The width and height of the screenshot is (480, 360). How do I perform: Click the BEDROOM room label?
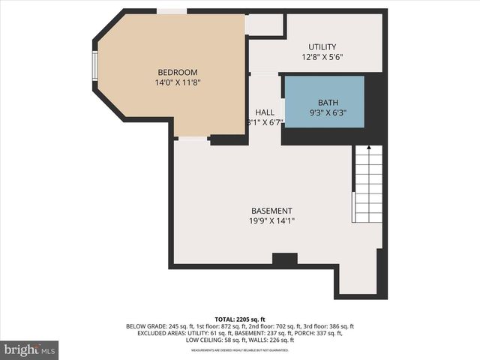pos(177,72)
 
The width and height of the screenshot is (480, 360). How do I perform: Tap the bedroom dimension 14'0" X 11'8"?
pos(177,82)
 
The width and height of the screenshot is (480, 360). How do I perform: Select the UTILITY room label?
pos(322,46)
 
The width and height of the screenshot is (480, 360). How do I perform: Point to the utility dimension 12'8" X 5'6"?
pos(322,57)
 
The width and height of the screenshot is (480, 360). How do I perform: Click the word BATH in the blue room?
pos(328,103)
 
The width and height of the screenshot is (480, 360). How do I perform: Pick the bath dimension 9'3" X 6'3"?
pos(328,113)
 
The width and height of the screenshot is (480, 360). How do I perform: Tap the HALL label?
pos(264,112)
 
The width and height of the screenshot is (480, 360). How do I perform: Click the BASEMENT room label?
pos(271,211)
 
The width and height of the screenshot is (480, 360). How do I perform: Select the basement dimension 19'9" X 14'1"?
pos(271,221)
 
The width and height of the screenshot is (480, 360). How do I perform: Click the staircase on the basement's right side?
pos(368,184)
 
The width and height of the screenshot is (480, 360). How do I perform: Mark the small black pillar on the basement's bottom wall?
pos(284,259)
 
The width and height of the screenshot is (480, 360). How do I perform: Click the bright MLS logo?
pos(29,349)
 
